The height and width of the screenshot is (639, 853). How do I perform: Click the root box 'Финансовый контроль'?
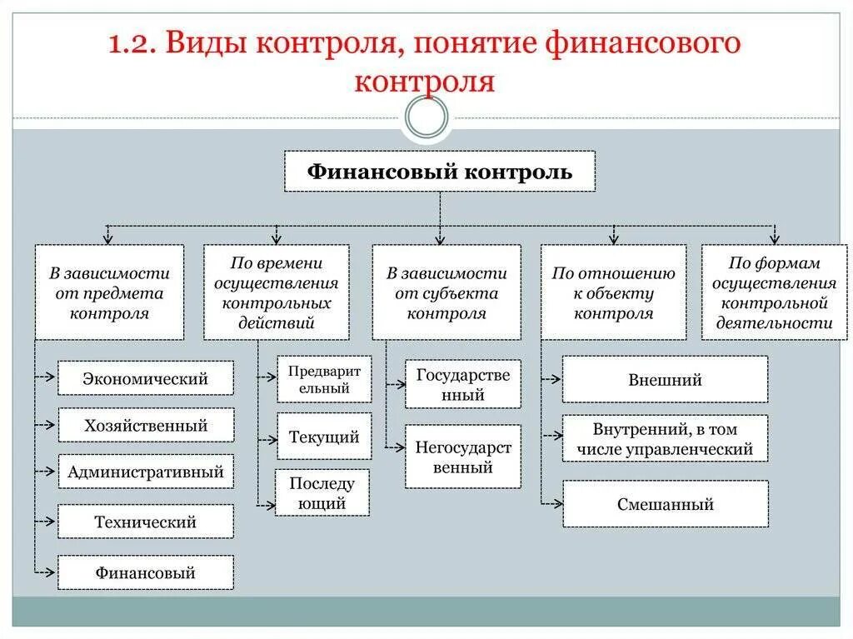440,172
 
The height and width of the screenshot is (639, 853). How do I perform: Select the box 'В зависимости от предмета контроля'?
109,292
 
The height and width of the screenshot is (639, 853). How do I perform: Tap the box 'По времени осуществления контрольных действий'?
276,292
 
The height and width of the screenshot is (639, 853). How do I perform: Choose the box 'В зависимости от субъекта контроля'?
446,292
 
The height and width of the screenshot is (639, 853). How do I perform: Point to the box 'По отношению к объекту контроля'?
614,292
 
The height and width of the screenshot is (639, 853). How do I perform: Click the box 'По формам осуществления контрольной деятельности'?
775,292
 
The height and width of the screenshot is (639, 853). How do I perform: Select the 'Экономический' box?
146,378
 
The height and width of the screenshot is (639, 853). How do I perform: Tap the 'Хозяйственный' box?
146,426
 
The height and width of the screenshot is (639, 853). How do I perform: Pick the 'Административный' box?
146,472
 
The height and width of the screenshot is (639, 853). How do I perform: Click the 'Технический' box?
146,522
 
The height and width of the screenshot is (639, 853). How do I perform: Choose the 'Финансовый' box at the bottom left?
146,572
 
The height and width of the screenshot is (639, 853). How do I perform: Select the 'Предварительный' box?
324,379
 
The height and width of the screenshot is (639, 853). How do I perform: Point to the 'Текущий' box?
324,437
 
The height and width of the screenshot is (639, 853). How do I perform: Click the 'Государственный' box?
463,384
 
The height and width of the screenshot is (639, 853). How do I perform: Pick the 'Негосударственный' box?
463,457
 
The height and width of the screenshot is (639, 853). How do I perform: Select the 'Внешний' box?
665,380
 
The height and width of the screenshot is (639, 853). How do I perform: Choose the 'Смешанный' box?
665,504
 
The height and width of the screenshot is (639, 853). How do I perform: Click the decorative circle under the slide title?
426,118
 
